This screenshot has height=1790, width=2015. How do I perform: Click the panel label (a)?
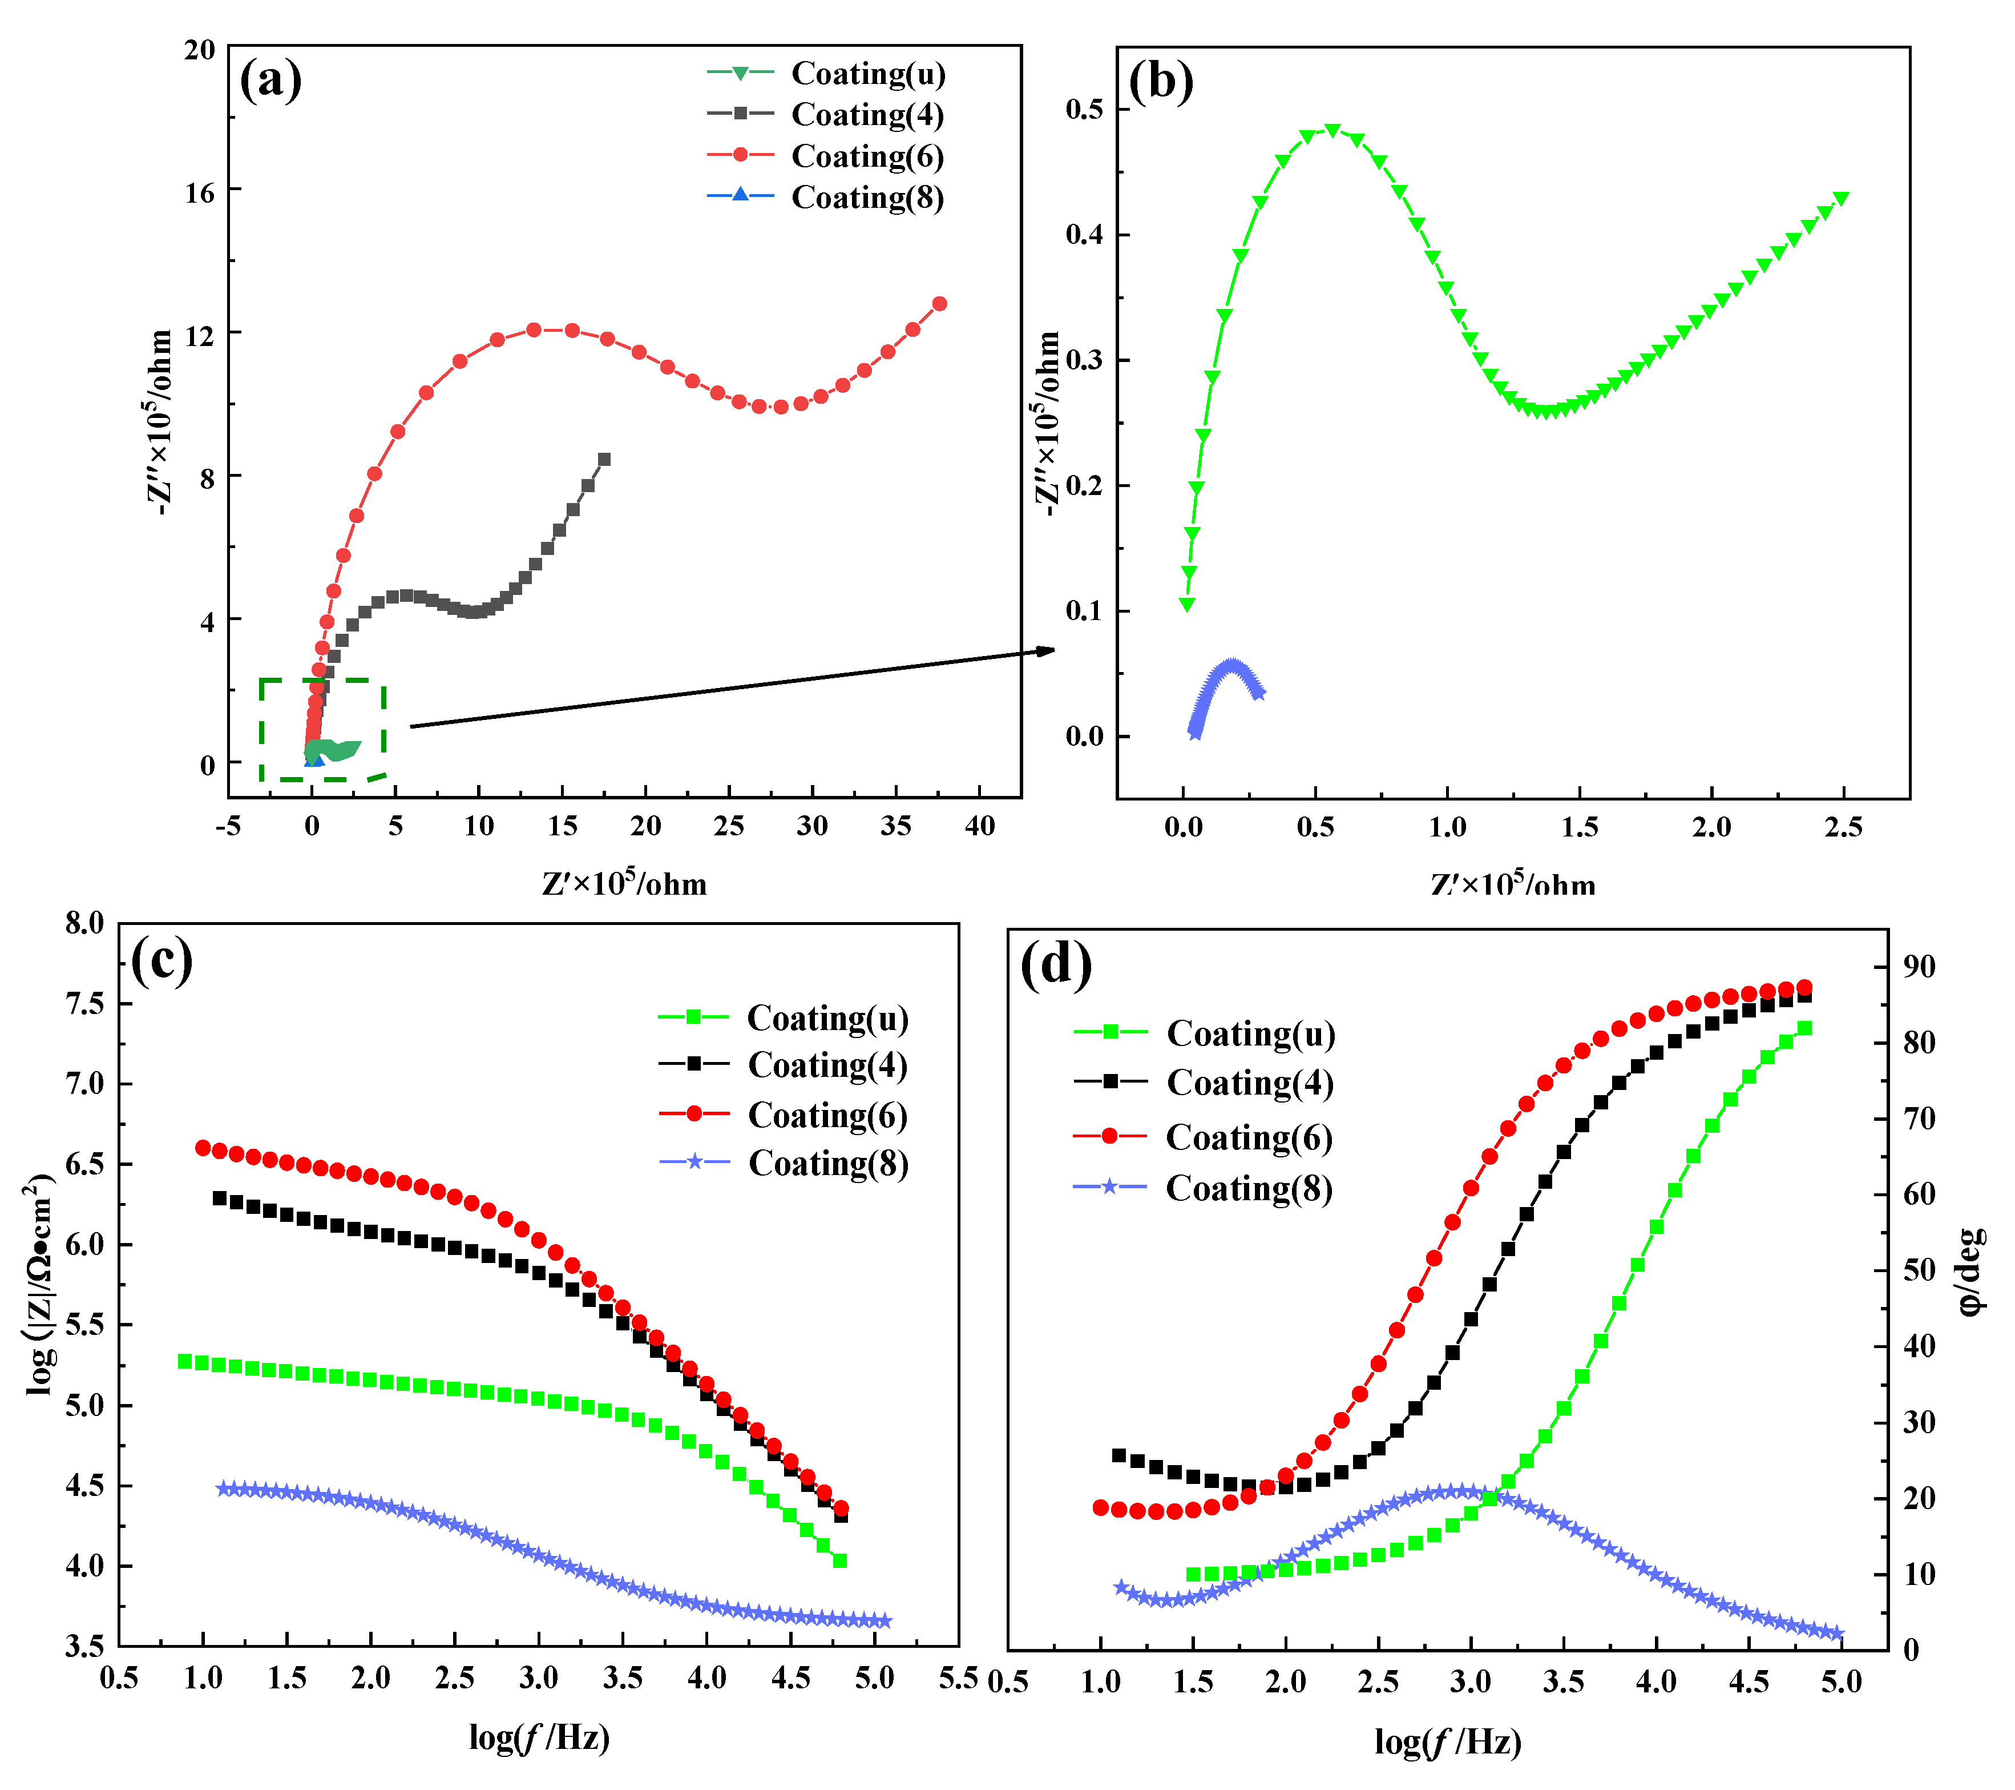point(270,80)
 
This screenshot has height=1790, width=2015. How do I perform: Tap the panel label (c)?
point(161,960)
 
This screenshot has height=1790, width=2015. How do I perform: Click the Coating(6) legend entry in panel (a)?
point(866,156)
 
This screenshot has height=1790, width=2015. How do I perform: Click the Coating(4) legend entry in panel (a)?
point(866,114)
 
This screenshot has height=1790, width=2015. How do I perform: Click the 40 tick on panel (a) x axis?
point(979,826)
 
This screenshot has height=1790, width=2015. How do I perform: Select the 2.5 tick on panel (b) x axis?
point(1843,826)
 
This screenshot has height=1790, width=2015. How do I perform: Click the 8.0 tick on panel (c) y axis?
point(85,924)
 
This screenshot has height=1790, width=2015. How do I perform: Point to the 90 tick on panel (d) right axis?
point(1919,967)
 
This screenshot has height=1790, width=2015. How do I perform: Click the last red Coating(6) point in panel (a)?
point(939,304)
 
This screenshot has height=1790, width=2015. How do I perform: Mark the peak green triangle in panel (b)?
point(1332,130)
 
